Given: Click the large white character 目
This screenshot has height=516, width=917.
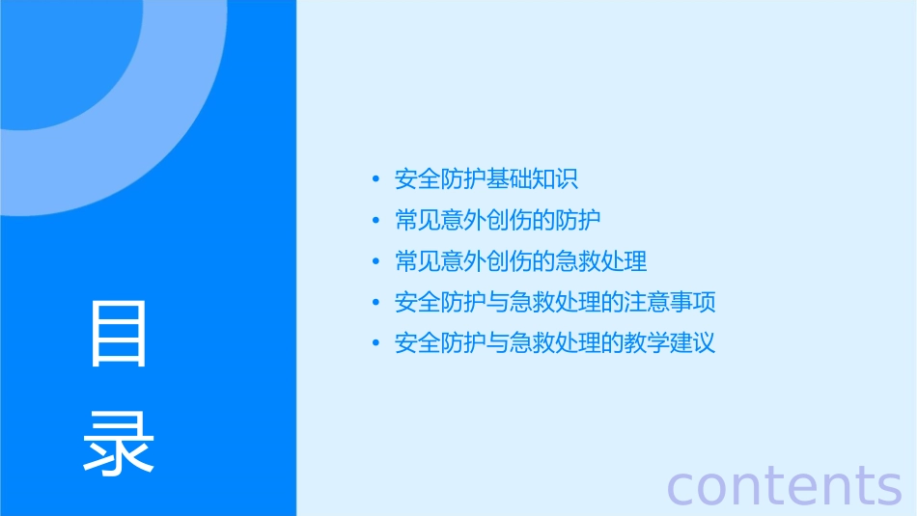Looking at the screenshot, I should (x=119, y=334).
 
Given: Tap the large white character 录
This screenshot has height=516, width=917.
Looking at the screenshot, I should (x=119, y=443).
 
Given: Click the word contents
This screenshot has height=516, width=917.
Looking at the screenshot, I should (x=784, y=485).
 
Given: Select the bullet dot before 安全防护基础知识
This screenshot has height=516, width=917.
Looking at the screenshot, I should (x=375, y=179).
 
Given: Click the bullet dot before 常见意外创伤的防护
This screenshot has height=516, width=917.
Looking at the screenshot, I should (x=375, y=221).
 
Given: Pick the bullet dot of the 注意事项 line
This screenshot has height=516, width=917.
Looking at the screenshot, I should (x=375, y=303).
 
